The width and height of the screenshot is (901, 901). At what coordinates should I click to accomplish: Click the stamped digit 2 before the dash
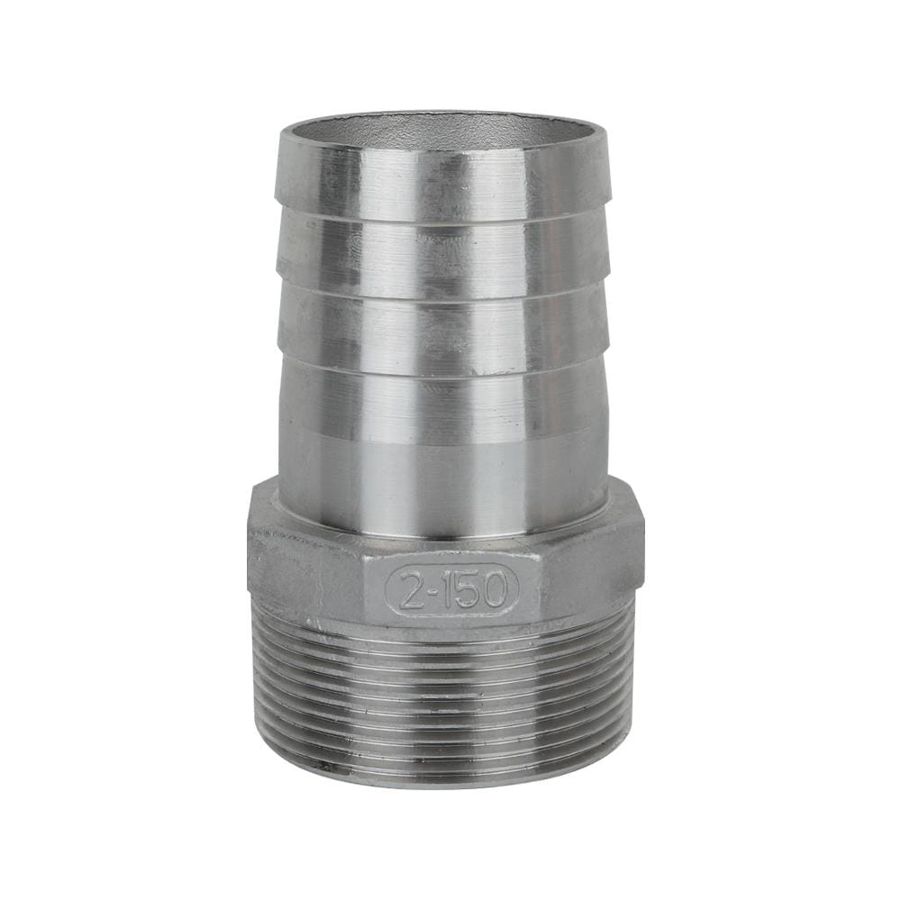pyautogui.click(x=409, y=589)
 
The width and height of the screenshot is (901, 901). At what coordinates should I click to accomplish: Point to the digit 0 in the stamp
pyautogui.click(x=493, y=589)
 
